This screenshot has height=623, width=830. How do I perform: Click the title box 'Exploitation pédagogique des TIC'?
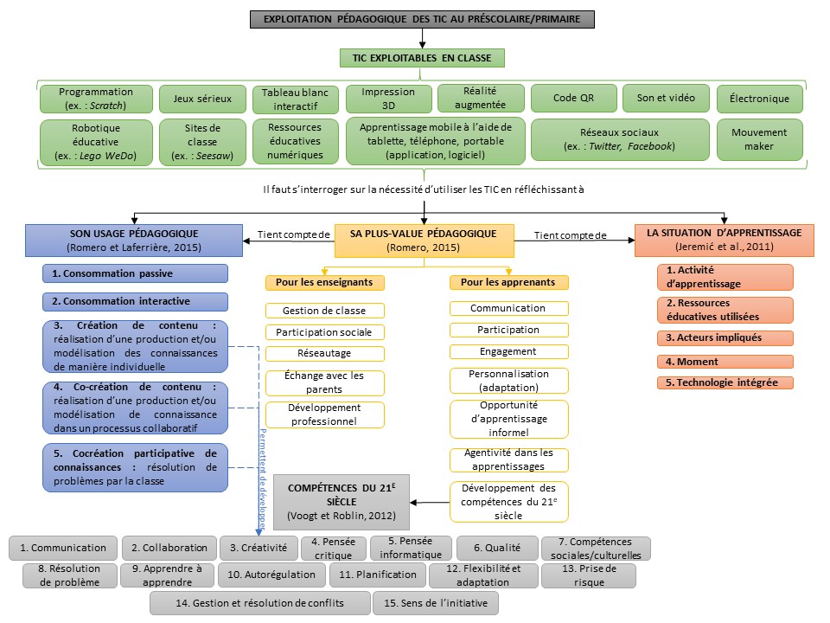click(x=422, y=18)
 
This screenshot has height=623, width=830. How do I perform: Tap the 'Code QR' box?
click(x=573, y=99)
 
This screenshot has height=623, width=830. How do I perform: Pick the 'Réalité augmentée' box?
click(x=480, y=99)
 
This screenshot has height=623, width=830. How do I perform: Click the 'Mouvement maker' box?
click(x=759, y=139)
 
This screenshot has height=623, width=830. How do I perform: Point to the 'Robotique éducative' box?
click(x=96, y=139)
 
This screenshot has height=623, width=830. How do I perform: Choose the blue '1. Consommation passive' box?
click(x=135, y=273)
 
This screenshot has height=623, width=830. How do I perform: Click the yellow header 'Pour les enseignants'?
click(x=324, y=282)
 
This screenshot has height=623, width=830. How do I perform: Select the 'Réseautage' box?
click(x=324, y=353)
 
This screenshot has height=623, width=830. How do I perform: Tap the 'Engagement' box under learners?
click(x=508, y=351)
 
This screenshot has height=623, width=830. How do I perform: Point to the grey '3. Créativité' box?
click(x=258, y=548)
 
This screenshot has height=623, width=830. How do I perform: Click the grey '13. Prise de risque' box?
click(x=588, y=575)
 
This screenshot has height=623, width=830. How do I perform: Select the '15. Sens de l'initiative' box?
click(x=435, y=602)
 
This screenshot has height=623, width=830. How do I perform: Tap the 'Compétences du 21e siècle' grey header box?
click(x=341, y=501)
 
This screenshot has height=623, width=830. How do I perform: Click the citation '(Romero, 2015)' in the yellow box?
click(x=423, y=248)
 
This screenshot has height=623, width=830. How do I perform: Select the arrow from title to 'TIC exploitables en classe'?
click(x=423, y=37)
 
